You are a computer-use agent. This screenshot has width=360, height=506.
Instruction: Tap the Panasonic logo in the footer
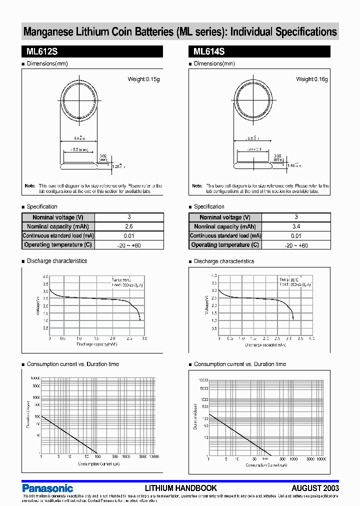point(47,488)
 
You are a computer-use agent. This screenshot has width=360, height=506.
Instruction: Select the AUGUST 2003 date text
point(315,488)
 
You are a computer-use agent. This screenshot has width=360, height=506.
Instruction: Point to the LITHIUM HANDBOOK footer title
point(180,488)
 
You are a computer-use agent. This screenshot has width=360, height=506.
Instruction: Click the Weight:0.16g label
point(312,79)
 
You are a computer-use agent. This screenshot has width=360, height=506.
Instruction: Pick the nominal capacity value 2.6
point(129,226)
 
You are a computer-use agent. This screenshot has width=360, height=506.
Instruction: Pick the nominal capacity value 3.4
point(296,226)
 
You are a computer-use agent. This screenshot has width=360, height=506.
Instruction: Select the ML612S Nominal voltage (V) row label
point(58,217)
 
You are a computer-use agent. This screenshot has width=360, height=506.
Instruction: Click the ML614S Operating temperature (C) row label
point(225,245)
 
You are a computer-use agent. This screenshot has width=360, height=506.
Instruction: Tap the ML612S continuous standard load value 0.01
point(129,236)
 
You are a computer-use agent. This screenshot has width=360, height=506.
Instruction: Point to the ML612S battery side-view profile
point(79,162)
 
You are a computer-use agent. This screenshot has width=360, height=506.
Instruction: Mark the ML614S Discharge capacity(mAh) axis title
point(265,344)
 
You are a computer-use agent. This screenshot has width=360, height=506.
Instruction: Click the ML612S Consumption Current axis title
point(98,464)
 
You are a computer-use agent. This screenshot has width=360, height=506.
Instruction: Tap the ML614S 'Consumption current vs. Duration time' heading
point(240,364)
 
